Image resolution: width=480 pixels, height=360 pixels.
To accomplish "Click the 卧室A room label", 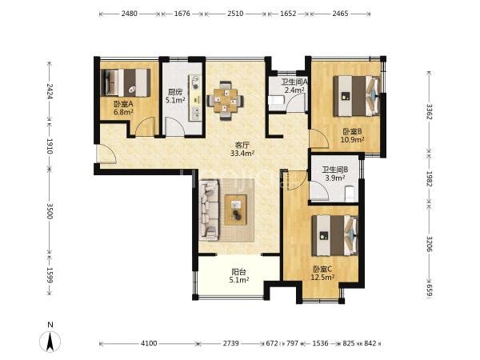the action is coord(123,104).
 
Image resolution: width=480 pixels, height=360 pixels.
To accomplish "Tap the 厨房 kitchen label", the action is coord(175,92).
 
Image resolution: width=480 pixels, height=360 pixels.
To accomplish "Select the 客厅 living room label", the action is coord(242,145).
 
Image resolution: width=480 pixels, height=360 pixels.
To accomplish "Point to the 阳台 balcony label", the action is coord(238,271).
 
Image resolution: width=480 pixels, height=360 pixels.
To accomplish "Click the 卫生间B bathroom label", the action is coord(334,170).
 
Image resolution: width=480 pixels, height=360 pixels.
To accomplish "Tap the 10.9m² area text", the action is coord(352,140).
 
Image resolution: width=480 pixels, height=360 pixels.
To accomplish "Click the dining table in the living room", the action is coord(226,100).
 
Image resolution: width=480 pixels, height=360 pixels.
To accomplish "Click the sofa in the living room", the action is coord(210,210).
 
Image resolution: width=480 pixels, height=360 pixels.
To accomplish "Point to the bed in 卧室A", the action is coord(126,82).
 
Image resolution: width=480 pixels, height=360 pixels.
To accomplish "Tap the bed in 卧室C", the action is coord(335,236).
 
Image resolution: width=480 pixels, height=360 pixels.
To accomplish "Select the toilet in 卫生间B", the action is coord(350,194).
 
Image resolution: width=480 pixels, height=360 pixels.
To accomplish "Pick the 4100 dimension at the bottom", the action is coord(149,343).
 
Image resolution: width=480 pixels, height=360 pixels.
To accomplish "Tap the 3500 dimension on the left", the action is coord(50,210).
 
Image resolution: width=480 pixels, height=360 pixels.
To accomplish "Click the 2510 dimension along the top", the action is coord(235,14).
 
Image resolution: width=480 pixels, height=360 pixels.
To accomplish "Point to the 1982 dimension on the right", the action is coord(429,178).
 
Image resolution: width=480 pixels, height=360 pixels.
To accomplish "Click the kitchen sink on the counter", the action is coord(195,113).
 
